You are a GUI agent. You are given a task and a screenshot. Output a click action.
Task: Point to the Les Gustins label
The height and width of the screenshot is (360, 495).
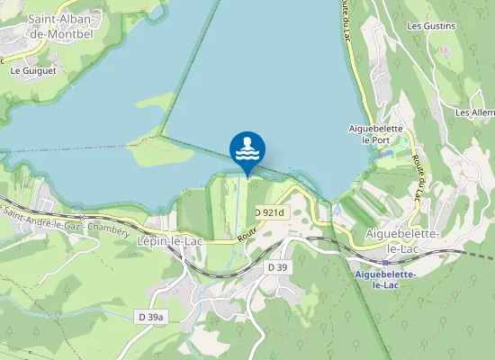(431, 26)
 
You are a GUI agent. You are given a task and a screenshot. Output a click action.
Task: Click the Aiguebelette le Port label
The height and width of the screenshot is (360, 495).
(375, 134)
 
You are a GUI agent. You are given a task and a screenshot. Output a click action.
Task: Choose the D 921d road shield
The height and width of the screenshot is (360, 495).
(268, 212)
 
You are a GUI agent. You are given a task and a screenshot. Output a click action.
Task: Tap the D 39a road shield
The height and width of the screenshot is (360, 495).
(153, 317)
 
